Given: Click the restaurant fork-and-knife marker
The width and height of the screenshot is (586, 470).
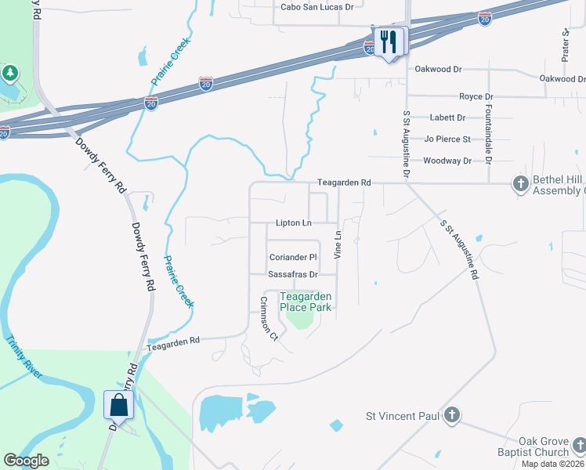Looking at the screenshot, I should [389, 41].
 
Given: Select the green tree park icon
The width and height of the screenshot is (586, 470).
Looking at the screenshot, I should [9, 74].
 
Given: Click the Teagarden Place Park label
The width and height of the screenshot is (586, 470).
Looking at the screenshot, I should [306, 302].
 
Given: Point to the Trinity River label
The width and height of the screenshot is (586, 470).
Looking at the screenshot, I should [23, 360].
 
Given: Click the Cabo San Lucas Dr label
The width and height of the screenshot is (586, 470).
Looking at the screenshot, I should [317, 6].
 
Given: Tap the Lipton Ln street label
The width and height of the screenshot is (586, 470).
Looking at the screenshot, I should [293, 223].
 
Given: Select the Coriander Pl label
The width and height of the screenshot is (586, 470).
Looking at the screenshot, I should [292, 257].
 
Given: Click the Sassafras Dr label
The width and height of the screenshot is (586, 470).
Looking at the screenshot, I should [292, 275].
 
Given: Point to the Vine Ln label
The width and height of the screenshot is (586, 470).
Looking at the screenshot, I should [338, 244].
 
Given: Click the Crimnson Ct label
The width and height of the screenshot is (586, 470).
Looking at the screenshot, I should [269, 319].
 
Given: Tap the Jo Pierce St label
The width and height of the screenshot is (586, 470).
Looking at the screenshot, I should [447, 139].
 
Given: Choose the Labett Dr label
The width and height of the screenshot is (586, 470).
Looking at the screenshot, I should [448, 117].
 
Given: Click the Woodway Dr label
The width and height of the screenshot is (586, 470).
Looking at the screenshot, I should [447, 161].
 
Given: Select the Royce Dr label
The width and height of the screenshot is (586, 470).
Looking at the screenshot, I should [475, 96].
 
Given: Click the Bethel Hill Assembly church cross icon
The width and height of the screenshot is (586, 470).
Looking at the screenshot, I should [520, 184].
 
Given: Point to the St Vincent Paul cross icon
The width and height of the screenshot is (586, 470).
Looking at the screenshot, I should [451, 416].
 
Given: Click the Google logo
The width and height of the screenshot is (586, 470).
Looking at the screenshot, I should [27, 461].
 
